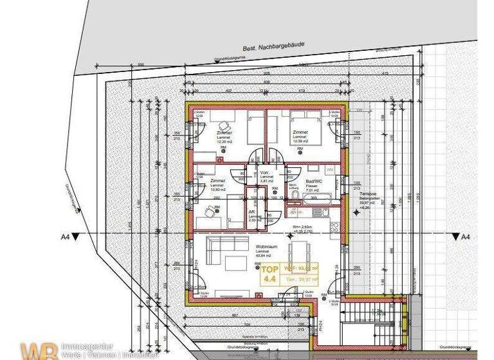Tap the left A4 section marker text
point(65,237)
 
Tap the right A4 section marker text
point(465,237)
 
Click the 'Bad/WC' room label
point(315,182)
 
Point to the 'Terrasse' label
point(368,193)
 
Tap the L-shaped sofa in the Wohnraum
point(221,251)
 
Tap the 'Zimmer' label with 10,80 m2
point(218,182)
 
